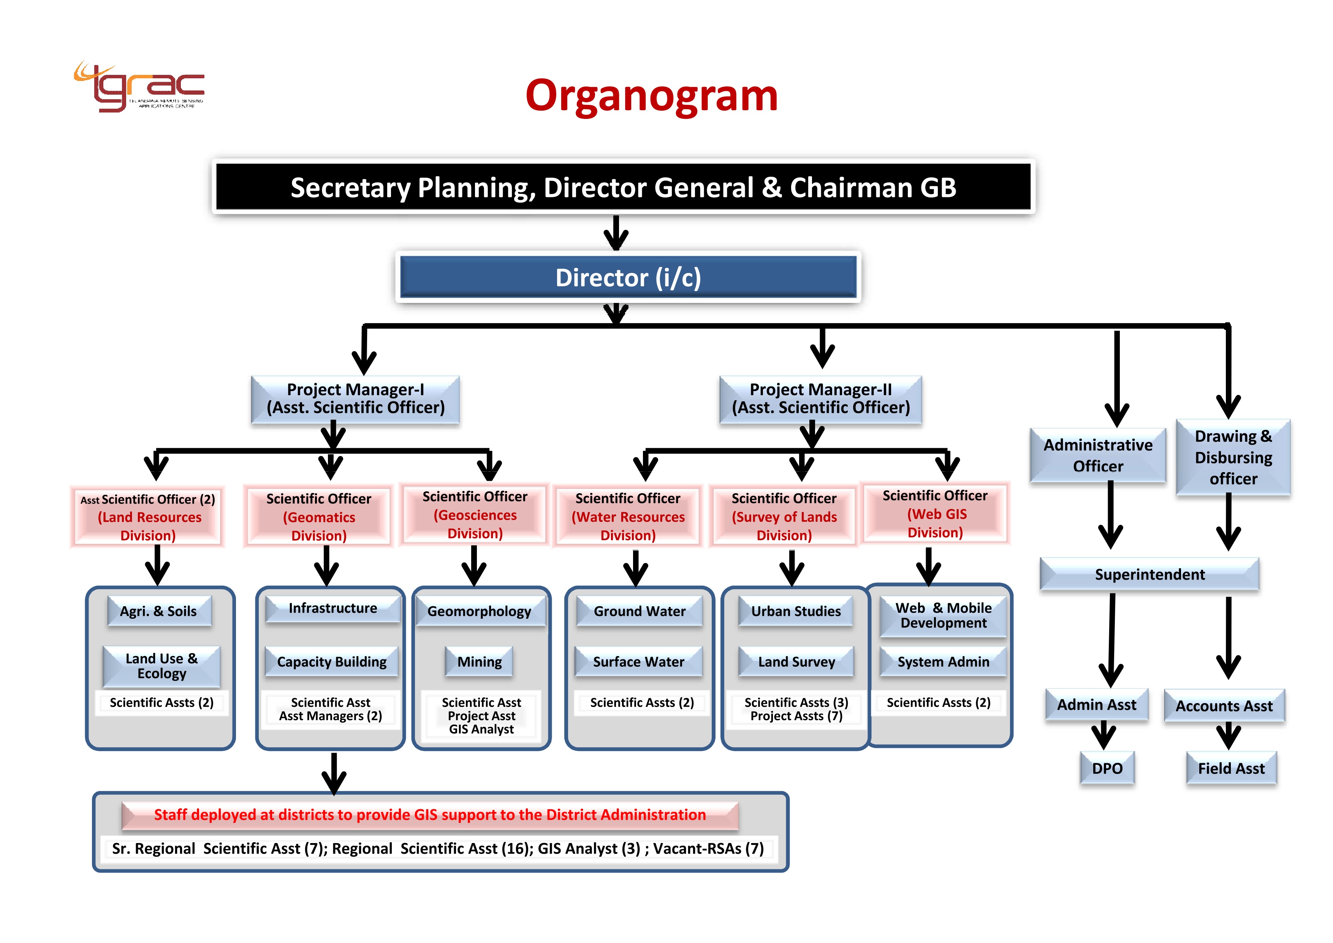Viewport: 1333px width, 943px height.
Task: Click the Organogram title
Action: coord(651,96)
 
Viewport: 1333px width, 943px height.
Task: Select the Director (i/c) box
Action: coord(628,277)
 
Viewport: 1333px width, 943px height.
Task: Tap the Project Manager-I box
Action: coord(355,399)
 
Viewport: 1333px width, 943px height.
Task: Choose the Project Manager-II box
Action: coord(820,399)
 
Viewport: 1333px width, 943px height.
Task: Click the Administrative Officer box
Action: coord(1097,455)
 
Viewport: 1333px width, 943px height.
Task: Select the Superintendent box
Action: coord(1149,574)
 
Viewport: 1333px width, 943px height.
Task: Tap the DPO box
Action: coord(1107,768)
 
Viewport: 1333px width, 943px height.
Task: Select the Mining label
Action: coord(480,661)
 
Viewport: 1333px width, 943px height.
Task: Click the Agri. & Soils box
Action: coord(158,611)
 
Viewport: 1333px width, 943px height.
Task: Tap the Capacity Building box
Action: coord(331,661)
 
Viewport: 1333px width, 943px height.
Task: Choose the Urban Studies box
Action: coord(796,611)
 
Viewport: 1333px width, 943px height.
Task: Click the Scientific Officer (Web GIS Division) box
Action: coord(935,514)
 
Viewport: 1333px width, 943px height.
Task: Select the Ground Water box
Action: coord(639,611)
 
